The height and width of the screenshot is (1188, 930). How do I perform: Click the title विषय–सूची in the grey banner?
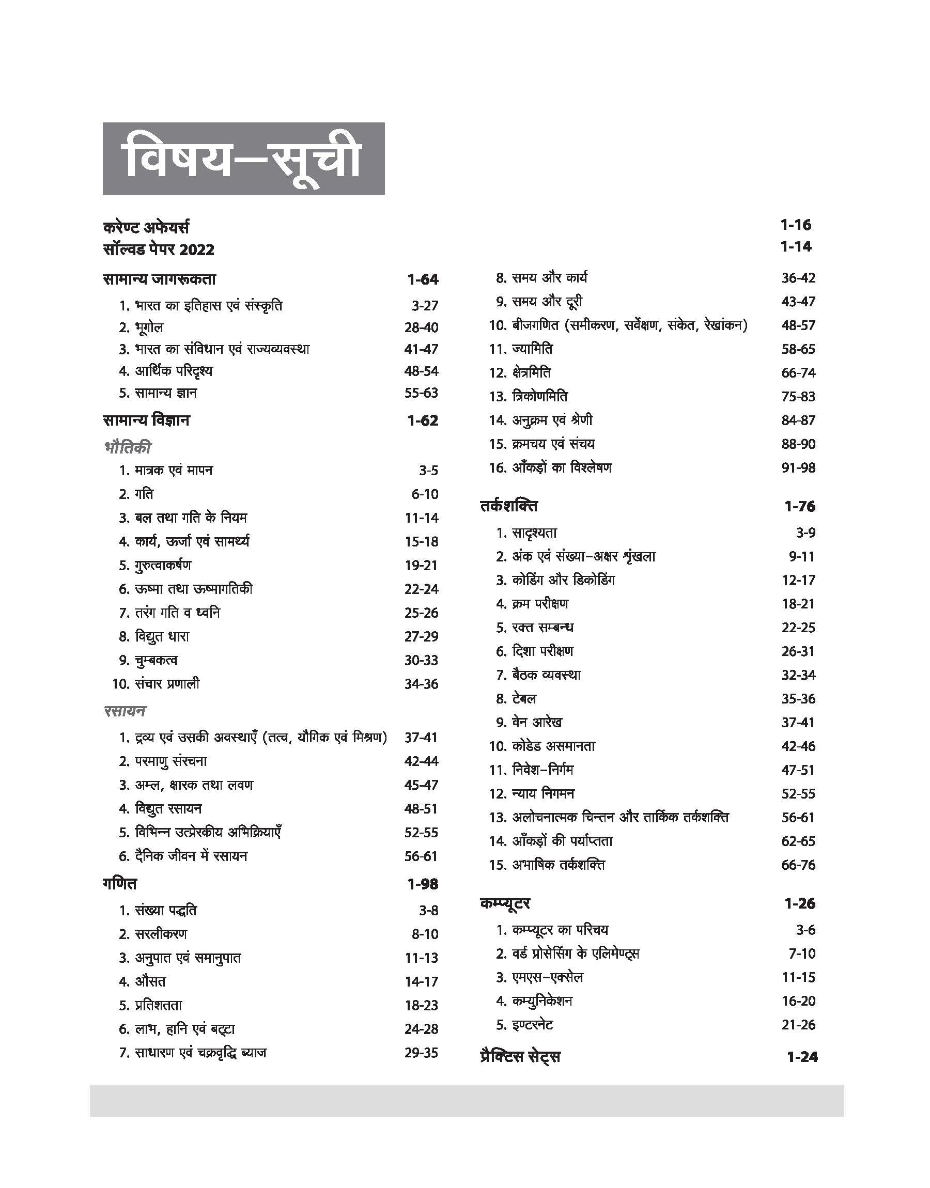pos(243,159)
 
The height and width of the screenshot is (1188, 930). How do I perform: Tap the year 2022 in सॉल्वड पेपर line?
pos(196,250)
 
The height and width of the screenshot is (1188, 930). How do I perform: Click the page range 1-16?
pos(796,225)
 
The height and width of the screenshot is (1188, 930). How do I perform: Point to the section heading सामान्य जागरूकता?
pos(159,280)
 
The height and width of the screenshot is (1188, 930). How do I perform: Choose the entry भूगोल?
pos(149,327)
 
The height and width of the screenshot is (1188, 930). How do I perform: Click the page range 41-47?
pos(421,349)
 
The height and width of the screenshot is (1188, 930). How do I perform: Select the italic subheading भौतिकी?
pos(128,448)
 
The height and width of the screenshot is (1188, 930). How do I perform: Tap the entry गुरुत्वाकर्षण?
pos(163,566)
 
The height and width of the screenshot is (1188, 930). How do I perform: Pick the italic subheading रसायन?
pos(125,711)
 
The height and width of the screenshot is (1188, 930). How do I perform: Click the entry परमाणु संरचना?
pos(171,761)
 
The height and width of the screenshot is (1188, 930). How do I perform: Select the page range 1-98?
pos(423,884)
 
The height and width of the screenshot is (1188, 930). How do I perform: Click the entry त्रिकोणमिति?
pos(539,397)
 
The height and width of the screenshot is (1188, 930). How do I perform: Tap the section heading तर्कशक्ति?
pos(508,507)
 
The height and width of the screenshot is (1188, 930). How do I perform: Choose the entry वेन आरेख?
pos(537,723)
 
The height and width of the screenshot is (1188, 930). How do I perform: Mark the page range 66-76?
pos(798,865)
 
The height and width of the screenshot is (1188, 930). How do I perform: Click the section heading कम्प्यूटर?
pos(505,904)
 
